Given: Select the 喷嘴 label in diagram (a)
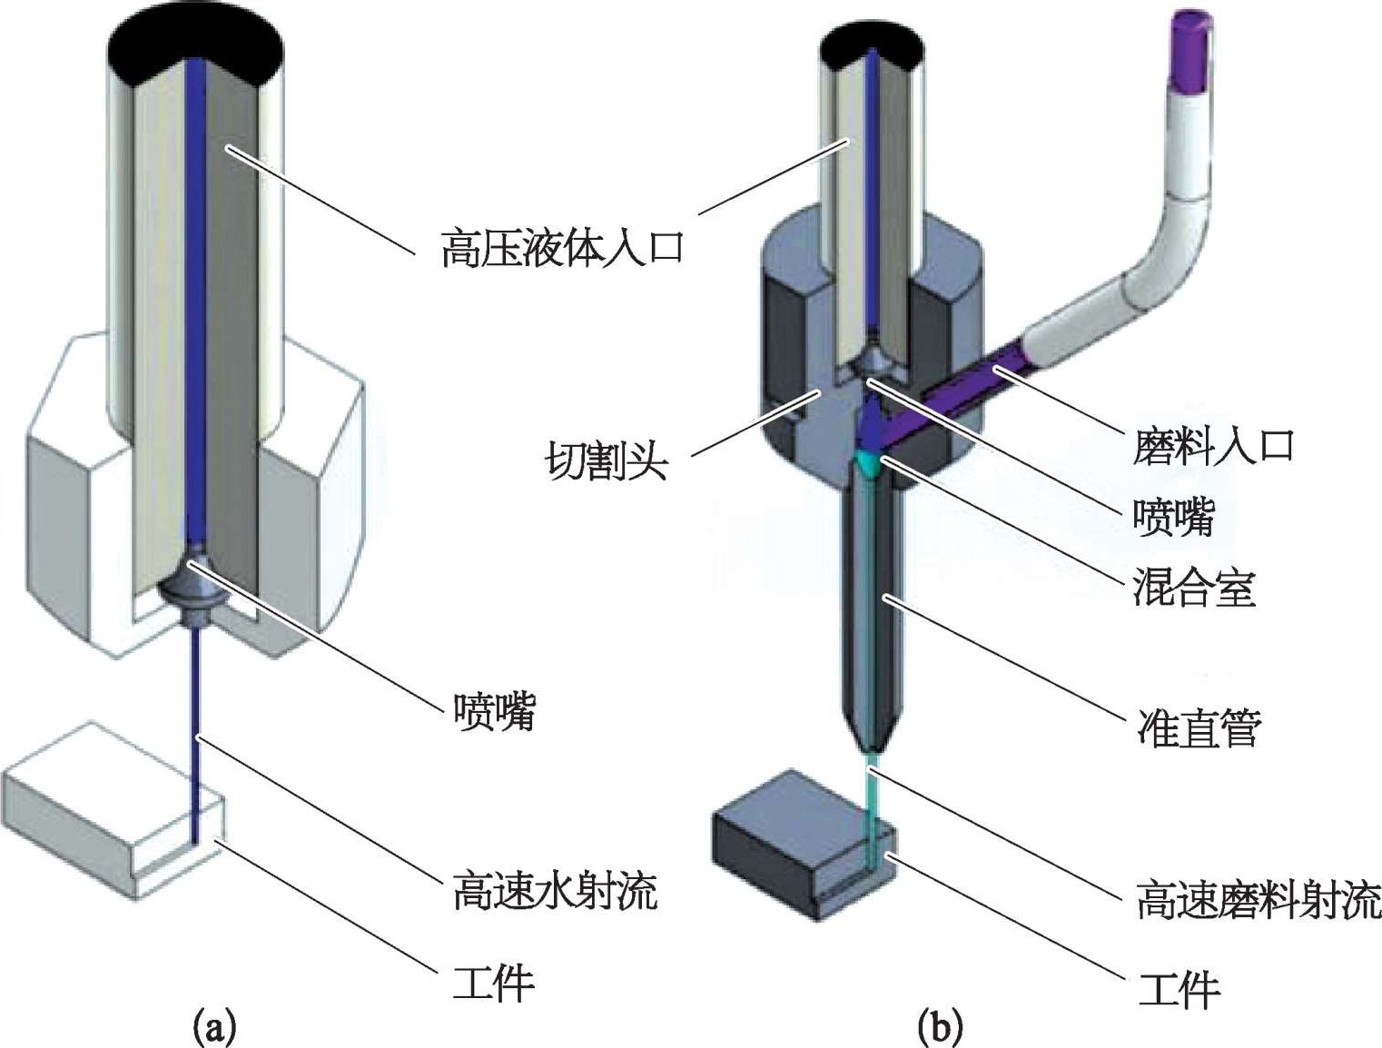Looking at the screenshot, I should pyautogui.click(x=495, y=710).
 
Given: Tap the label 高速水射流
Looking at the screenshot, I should pyautogui.click(x=554, y=890).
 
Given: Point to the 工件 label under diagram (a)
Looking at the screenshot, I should pyautogui.click(x=493, y=982).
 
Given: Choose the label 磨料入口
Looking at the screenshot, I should pyautogui.click(x=1212, y=446).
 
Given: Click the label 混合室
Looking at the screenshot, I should pyautogui.click(x=1193, y=588).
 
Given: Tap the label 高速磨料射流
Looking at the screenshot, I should pyautogui.click(x=1258, y=900).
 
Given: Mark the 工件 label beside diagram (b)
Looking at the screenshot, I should pyautogui.click(x=1179, y=989).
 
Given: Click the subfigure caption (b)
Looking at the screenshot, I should pyautogui.click(x=939, y=1027).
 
